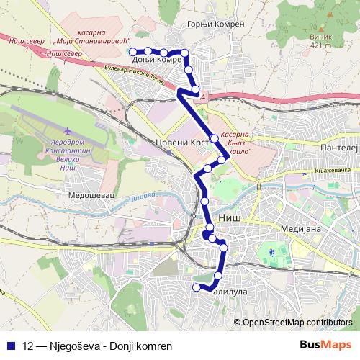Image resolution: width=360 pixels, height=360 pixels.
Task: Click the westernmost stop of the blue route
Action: click(132, 51)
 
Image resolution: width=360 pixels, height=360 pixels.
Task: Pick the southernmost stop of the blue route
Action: click(195, 288)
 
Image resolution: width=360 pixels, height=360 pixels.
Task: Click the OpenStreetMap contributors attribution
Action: click(297, 322)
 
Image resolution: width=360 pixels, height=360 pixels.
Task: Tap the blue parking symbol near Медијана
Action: click(271, 252)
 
